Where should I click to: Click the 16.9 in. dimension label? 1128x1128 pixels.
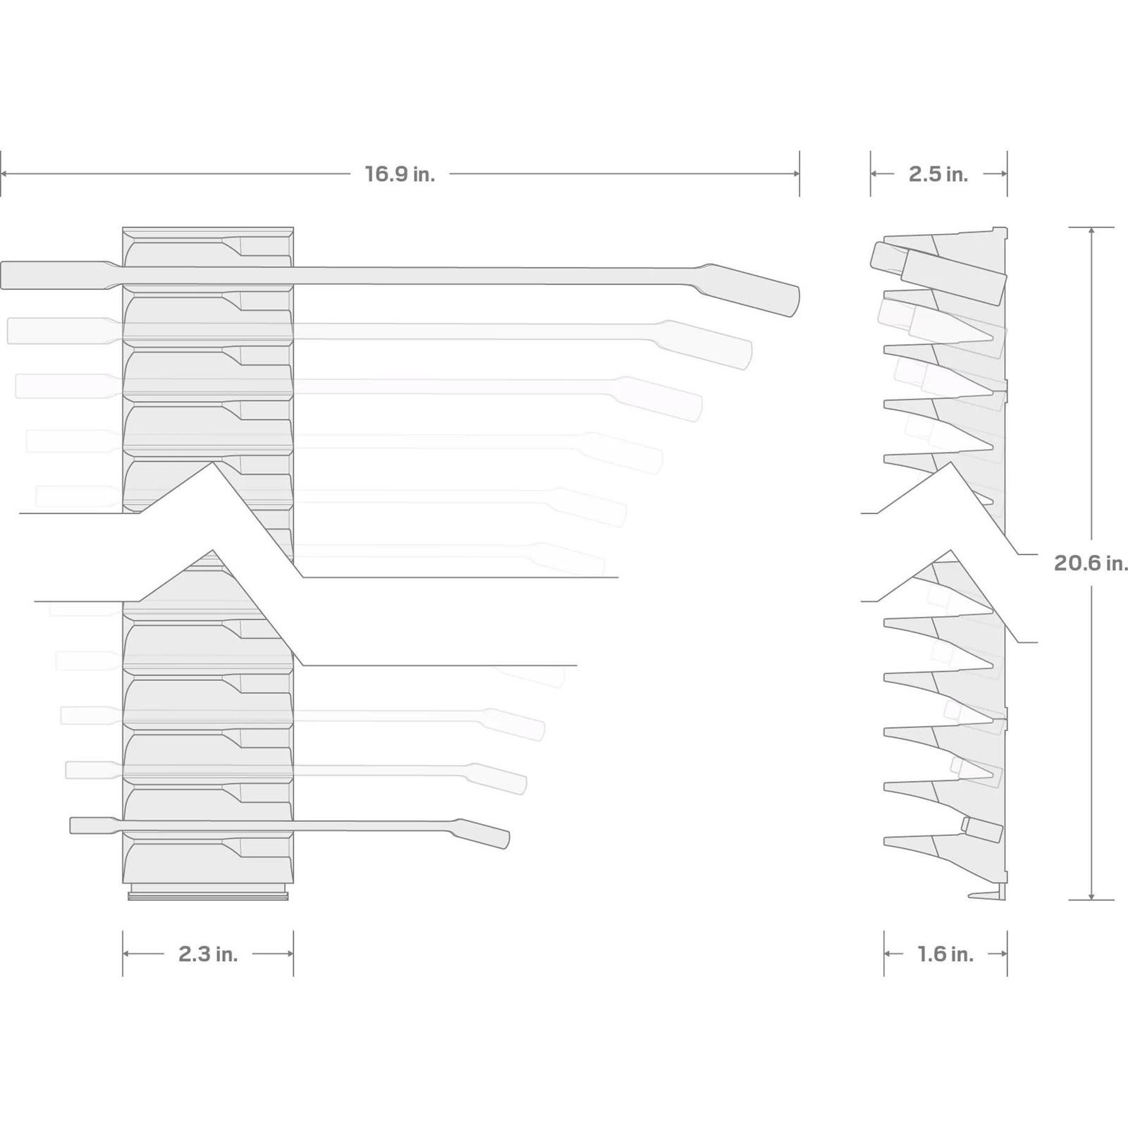400,174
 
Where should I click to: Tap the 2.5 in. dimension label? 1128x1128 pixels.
938,174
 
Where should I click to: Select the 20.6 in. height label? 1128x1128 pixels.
1091,563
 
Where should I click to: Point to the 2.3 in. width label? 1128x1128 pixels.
208,954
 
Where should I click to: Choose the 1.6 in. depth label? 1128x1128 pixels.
945,954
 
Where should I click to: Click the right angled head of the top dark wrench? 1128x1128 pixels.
751,289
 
